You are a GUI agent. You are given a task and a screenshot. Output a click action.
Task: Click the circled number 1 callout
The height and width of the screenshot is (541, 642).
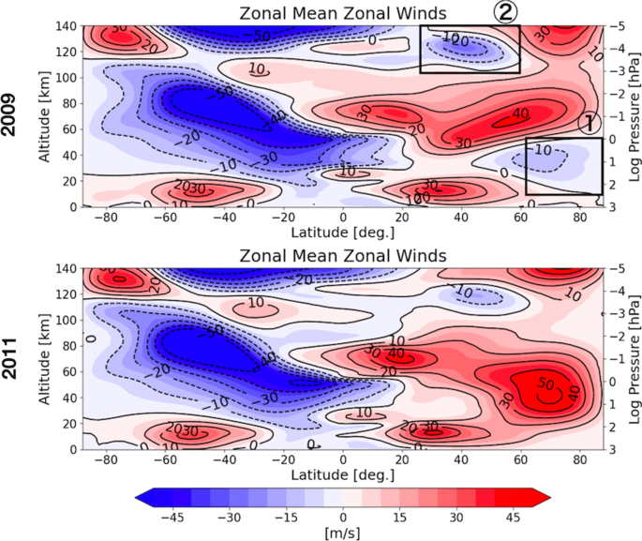(590, 123)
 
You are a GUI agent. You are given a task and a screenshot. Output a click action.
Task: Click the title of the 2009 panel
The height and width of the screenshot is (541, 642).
(342, 12)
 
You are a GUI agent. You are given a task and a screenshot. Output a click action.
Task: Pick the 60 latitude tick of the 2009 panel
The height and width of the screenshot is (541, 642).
(520, 217)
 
